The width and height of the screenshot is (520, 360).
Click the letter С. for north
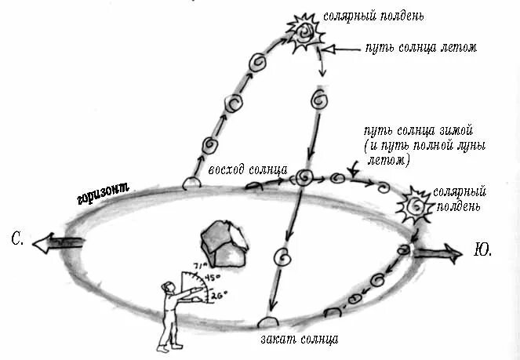pyautogui.click(x=18, y=239)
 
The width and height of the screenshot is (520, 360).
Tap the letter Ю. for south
pyautogui.click(x=483, y=251)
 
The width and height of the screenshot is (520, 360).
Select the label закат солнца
pyautogui.click(x=300, y=340)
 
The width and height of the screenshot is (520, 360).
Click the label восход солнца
pyautogui.click(x=247, y=170)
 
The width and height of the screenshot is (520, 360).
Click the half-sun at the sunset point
pyautogui.click(x=270, y=322)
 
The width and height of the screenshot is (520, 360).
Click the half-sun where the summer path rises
pyautogui.click(x=191, y=184)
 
